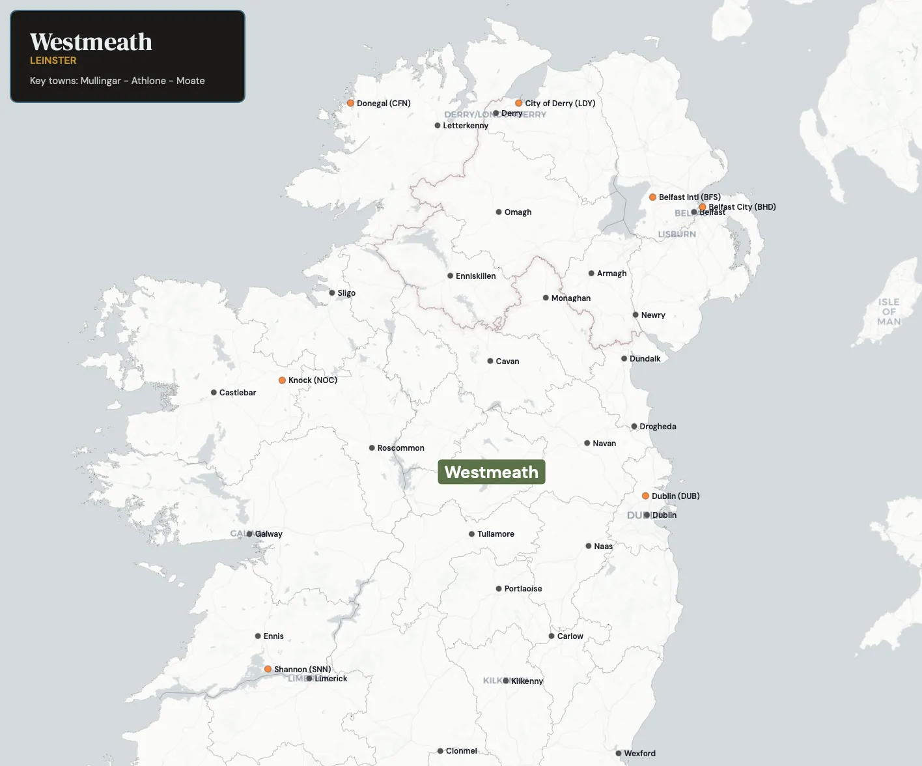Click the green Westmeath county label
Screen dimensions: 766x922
[x=492, y=472]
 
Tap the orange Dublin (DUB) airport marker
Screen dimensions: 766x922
[x=645, y=496]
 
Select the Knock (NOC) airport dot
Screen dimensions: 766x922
[x=282, y=380]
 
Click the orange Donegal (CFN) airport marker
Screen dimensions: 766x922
[x=350, y=103]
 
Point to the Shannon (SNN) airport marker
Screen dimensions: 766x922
[x=268, y=669]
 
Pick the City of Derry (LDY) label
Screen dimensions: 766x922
[x=560, y=103]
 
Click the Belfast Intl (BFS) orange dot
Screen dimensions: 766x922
[x=652, y=197]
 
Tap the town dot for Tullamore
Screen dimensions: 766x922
[x=471, y=534]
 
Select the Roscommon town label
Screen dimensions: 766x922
[x=400, y=448]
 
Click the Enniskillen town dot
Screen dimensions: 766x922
[x=450, y=276]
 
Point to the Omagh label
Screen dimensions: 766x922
[x=518, y=212]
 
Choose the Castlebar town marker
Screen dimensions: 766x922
[x=214, y=393]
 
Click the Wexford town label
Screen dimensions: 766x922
[x=639, y=754]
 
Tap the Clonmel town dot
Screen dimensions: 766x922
[x=440, y=751]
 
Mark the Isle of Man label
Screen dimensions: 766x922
[x=889, y=311]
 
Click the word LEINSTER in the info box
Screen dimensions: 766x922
[x=53, y=61]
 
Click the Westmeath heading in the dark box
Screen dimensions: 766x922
[x=91, y=42]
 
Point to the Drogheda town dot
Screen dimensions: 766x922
[x=634, y=427]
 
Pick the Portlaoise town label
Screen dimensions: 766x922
[x=523, y=589]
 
